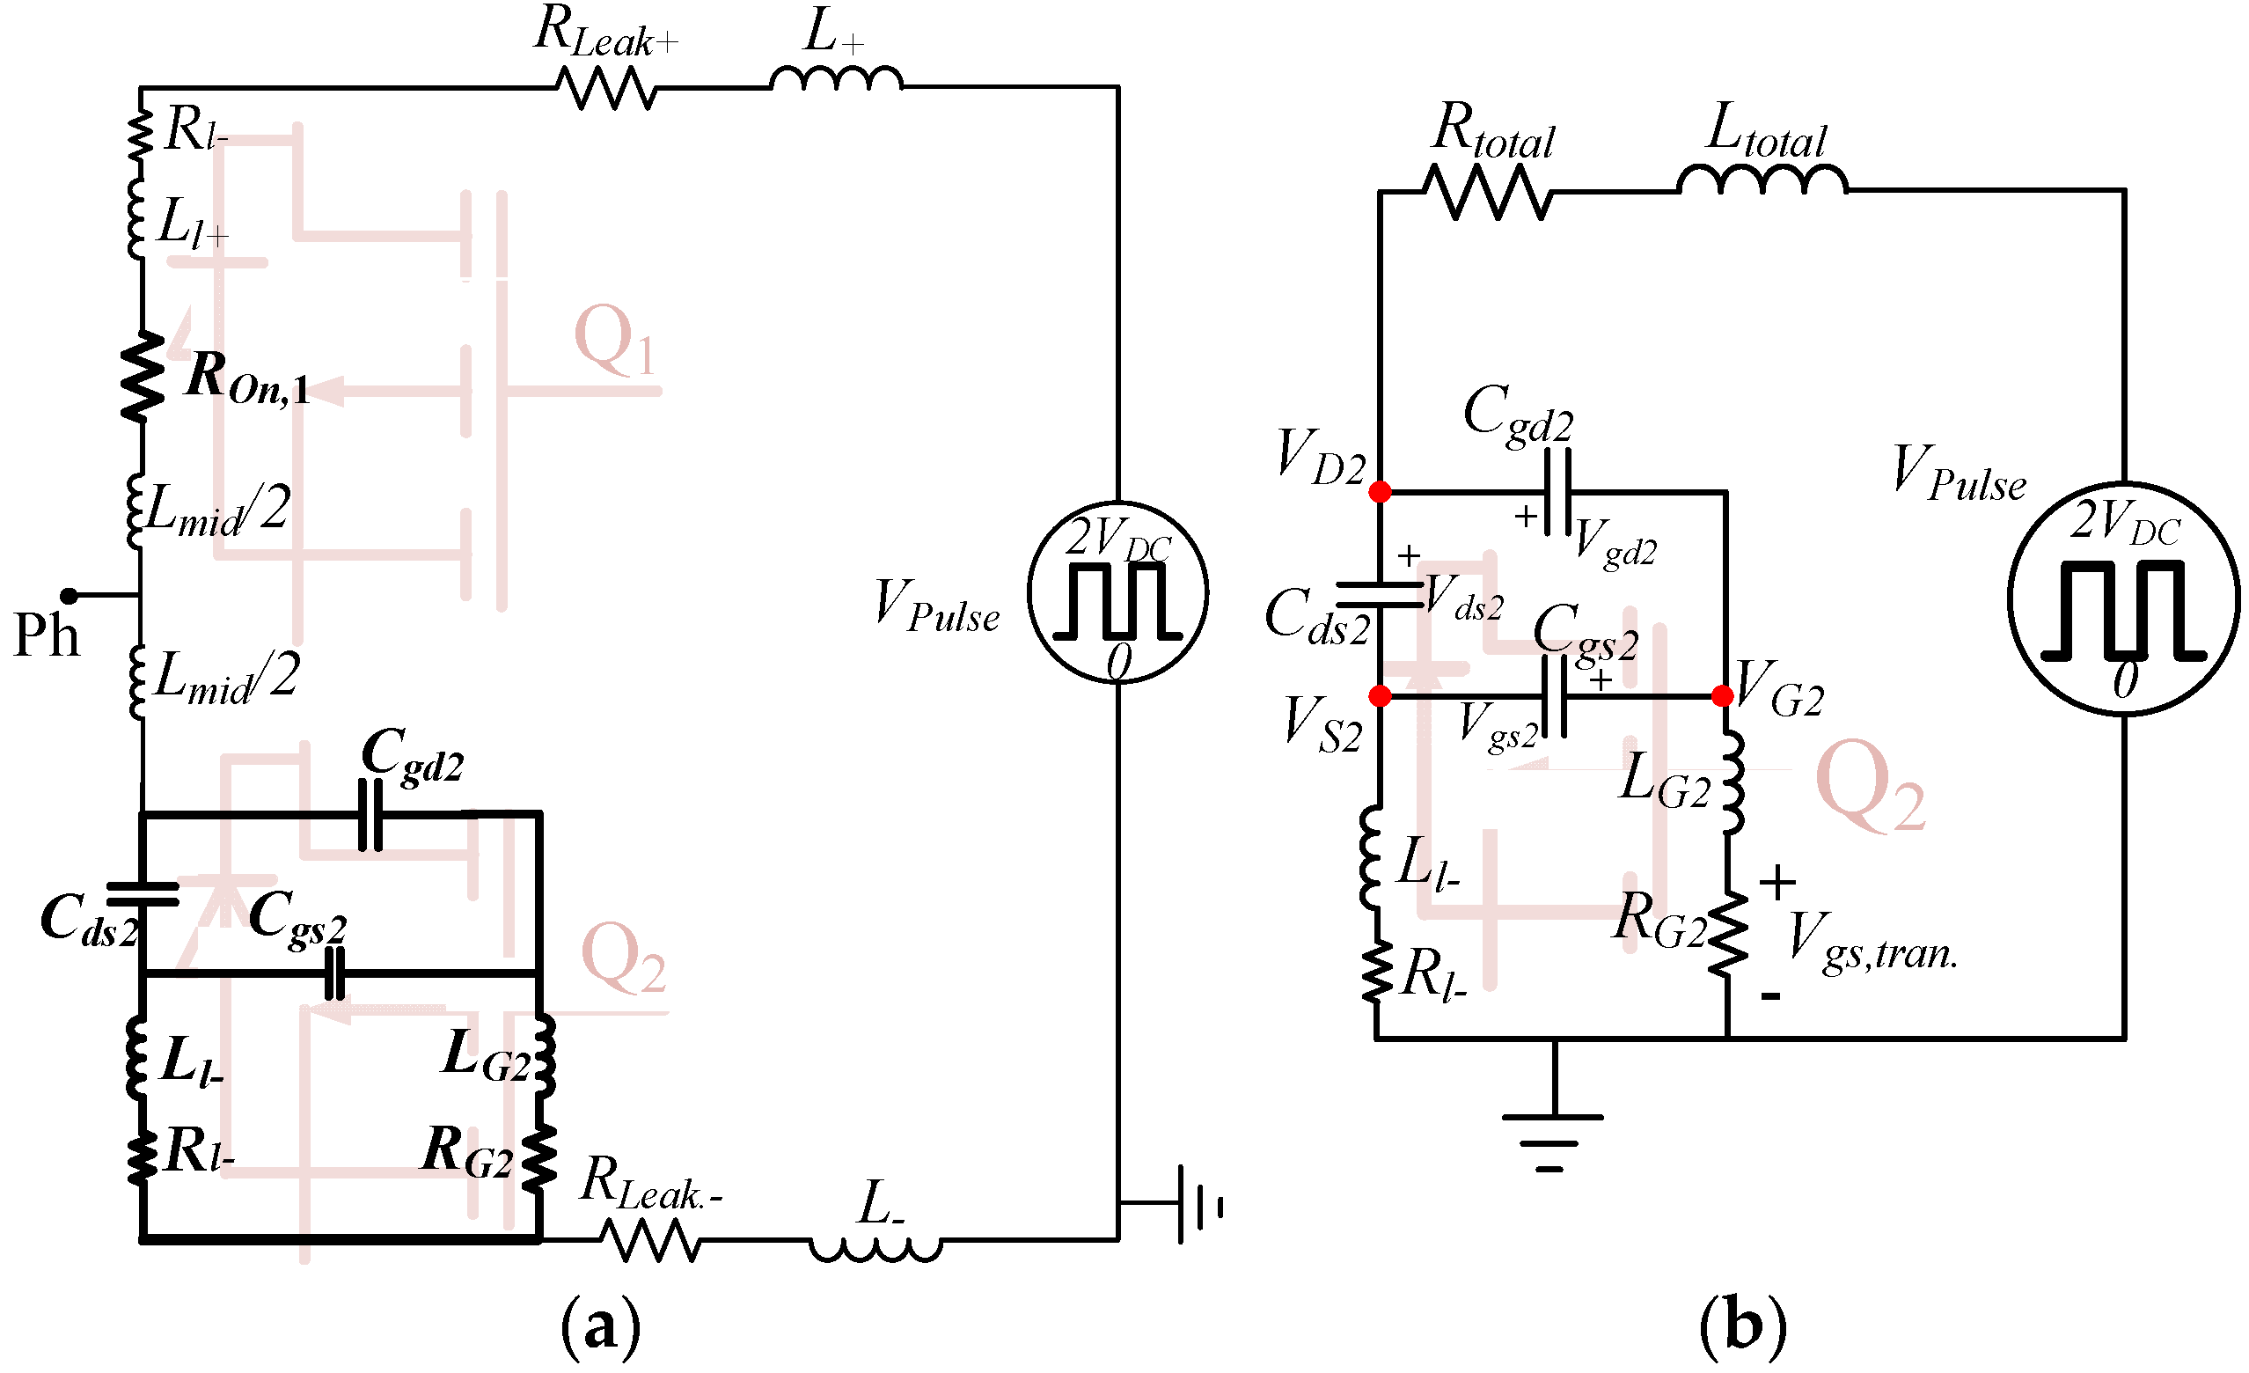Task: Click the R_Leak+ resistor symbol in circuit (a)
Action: tap(605, 89)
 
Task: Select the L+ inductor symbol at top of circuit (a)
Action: tap(836, 80)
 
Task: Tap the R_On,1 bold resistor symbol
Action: tap(143, 376)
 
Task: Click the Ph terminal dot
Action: tap(69, 596)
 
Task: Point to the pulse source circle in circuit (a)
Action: tap(1117, 593)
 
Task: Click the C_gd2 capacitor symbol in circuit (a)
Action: tap(370, 814)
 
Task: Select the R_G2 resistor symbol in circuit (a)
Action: tap(539, 1156)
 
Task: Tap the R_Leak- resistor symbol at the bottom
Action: tap(650, 1241)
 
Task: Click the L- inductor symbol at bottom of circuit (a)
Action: tap(875, 1248)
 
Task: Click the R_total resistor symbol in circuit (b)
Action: tap(1487, 193)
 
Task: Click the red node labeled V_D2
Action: tap(1380, 492)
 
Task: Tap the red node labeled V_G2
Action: tap(1722, 696)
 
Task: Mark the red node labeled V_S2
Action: tap(1380, 696)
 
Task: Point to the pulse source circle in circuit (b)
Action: tap(2123, 598)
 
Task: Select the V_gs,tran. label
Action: tap(1872, 941)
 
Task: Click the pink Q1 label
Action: tap(614, 340)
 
